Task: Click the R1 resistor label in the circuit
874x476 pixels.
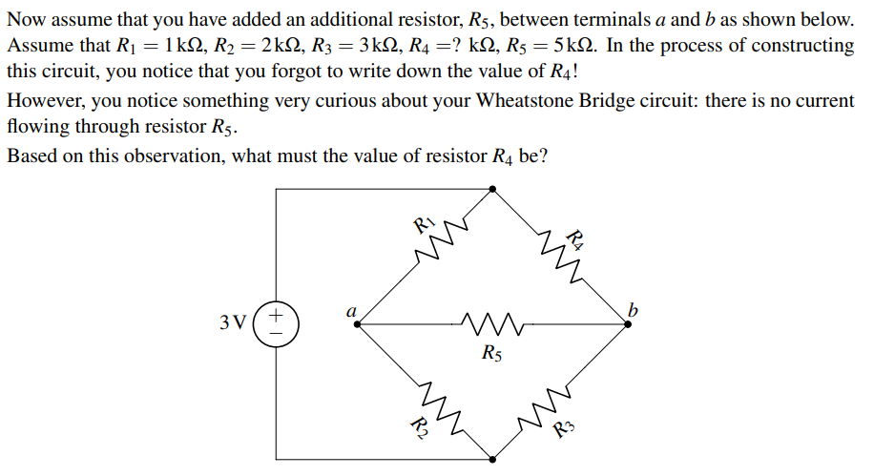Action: pyautogui.click(x=424, y=226)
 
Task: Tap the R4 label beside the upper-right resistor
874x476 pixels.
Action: pyautogui.click(x=575, y=238)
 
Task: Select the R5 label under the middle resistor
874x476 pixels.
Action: pyautogui.click(x=490, y=356)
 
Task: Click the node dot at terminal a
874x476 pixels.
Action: pyautogui.click(x=357, y=324)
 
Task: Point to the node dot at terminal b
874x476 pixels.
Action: pyautogui.click(x=628, y=324)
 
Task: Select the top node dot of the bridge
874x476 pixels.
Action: pyautogui.click(x=492, y=189)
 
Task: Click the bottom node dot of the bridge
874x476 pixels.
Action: pyautogui.click(x=492, y=459)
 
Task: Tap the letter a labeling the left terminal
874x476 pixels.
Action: pyautogui.click(x=351, y=309)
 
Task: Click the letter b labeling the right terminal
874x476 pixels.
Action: pyautogui.click(x=633, y=308)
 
